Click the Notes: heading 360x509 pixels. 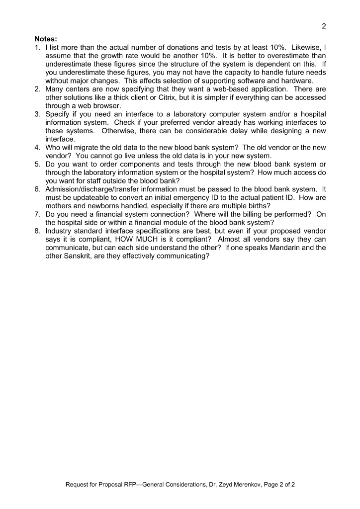tap(46, 38)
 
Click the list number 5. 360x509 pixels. tap(37, 165)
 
